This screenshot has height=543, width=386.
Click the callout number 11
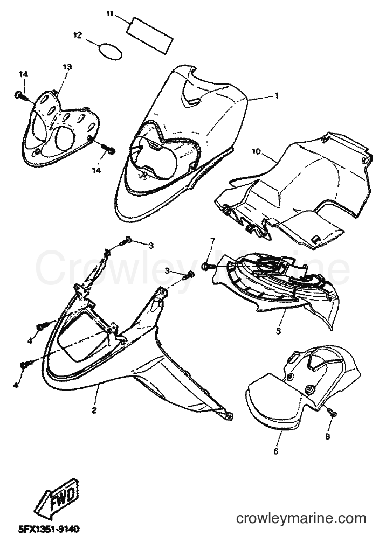(110, 13)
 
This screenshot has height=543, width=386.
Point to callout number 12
(77, 34)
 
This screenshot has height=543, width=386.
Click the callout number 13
(67, 66)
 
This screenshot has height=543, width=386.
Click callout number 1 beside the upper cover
(276, 95)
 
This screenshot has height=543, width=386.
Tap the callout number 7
(213, 240)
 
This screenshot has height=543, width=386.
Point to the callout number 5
(279, 331)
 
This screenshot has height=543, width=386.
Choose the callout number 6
(276, 451)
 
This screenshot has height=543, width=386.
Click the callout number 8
(328, 436)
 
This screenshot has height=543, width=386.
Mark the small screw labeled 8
(332, 412)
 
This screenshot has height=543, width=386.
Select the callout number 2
(94, 410)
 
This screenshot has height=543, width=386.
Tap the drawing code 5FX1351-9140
(49, 529)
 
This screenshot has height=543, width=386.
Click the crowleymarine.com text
(301, 518)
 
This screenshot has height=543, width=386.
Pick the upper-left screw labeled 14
(21, 95)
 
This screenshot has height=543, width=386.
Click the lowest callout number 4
(16, 385)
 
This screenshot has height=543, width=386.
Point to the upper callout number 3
(150, 246)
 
